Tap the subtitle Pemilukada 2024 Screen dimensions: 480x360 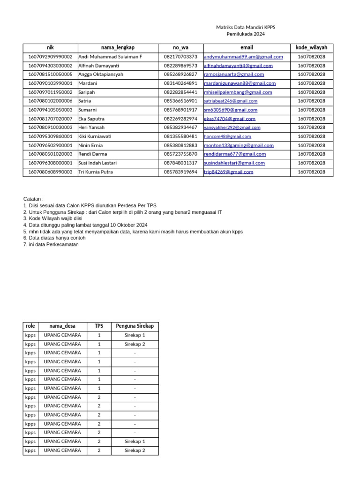click(246, 34)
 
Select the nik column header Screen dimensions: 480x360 click(50, 47)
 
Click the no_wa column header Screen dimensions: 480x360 click(180, 47)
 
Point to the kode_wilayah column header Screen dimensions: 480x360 click(311, 47)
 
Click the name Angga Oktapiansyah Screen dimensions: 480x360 click(101, 74)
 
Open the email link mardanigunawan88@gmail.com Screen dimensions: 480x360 click(240, 83)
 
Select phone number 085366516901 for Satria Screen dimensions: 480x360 click(180, 101)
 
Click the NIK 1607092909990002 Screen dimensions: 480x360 click(51, 56)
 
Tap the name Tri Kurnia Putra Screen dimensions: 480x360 click(95, 172)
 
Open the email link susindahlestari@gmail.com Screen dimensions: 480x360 click(234, 163)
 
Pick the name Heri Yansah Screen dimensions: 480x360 click(91, 127)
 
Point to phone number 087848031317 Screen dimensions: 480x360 click(180, 163)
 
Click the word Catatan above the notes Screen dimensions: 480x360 click(33, 199)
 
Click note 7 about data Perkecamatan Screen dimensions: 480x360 click(51, 244)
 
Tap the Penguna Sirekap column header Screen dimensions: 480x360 click(135, 326)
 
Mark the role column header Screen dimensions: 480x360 click(30, 326)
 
